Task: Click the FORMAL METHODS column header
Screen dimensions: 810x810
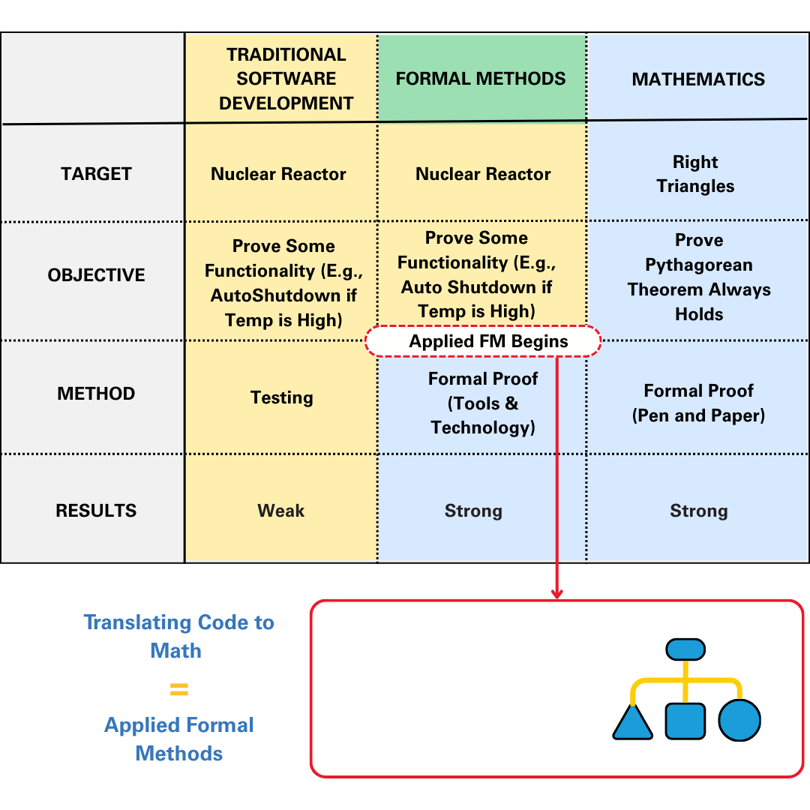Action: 481,79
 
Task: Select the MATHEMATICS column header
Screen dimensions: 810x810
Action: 698,79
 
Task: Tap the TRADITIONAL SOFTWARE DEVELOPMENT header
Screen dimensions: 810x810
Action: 286,79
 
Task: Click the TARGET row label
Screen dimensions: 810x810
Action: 96,174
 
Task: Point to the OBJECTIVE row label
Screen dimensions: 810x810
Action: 96,275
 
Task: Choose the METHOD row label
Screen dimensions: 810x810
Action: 96,394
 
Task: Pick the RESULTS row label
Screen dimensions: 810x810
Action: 96,511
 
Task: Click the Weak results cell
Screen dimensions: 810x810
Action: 281,511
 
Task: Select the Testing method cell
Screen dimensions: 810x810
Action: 281,397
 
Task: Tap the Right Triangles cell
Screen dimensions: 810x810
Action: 695,174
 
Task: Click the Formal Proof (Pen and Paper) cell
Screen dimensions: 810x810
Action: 698,403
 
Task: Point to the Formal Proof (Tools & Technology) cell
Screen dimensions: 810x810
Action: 483,403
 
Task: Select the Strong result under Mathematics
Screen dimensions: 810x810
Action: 698,511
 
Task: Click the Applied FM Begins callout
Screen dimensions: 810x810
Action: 483,342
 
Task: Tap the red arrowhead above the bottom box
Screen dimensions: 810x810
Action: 556,593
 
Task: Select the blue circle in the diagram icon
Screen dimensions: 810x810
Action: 739,721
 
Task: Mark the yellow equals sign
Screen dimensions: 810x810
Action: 178,689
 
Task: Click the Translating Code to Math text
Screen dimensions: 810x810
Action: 178,636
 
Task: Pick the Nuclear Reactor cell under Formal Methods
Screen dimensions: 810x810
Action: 483,174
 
